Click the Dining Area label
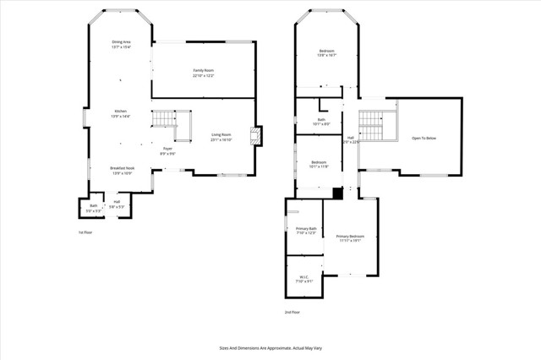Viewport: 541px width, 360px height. (121, 44)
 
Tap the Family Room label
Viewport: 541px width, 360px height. (203, 73)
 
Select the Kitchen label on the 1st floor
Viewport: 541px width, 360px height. (121, 113)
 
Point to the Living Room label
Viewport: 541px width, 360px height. (222, 137)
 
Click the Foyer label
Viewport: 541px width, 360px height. (167, 151)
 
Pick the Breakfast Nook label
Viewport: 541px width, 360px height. (122, 171)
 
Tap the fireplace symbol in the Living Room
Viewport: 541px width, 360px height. (255, 137)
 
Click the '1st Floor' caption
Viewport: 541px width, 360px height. (85, 232)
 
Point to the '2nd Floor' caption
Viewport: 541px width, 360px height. (292, 312)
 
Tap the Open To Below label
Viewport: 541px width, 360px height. (424, 138)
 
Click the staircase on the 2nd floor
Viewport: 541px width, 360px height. (372, 128)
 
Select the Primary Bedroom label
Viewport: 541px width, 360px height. (350, 238)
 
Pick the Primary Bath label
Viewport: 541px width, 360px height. (306, 231)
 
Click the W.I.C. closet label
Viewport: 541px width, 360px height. (305, 279)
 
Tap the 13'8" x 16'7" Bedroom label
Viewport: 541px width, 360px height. (327, 53)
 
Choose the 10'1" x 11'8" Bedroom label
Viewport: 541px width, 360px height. (319, 164)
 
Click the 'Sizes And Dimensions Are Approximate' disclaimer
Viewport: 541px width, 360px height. (270, 347)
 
